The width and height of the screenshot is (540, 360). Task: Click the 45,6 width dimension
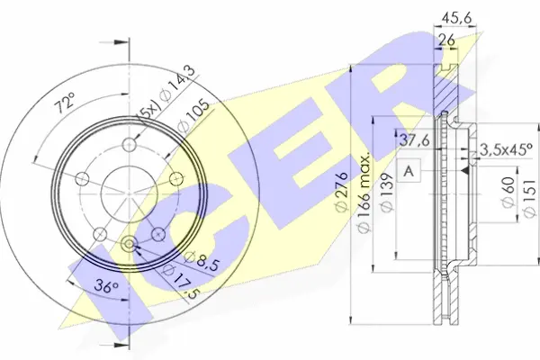[x=456, y=18]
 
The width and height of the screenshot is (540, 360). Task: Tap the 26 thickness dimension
[x=446, y=40]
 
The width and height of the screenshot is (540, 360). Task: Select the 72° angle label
[x=65, y=103]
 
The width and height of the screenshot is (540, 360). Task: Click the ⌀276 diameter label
[x=341, y=193]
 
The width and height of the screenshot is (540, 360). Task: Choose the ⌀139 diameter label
[x=386, y=193]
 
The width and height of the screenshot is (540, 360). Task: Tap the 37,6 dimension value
[x=414, y=140]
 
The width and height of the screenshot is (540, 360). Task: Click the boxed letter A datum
[x=409, y=170]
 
